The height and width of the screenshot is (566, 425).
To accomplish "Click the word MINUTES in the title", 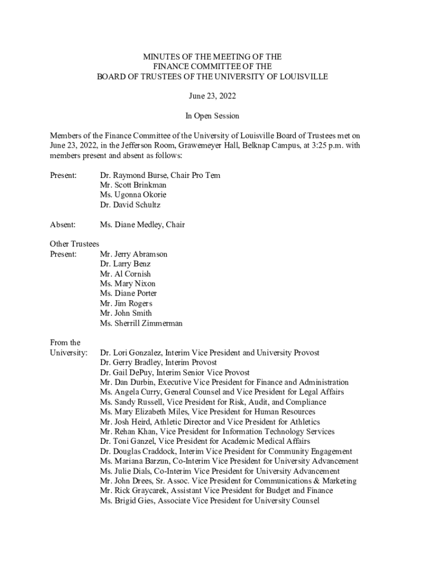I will pyautogui.click(x=160, y=57).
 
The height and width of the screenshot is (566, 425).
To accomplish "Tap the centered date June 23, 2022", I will pyautogui.click(x=212, y=96).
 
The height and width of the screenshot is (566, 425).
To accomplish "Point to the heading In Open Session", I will pyautogui.click(x=212, y=116).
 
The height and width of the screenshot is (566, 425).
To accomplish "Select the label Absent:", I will pyautogui.click(x=62, y=225).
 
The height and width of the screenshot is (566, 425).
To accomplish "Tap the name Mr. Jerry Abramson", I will pyautogui.click(x=134, y=254).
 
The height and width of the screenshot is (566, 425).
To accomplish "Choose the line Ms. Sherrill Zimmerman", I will pyautogui.click(x=141, y=323).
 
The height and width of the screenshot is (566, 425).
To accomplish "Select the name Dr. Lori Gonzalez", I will pyautogui.click(x=130, y=353).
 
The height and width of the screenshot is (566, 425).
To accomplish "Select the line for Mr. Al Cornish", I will pyautogui.click(x=125, y=274).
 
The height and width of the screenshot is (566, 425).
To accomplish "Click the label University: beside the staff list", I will pyautogui.click(x=68, y=353).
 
